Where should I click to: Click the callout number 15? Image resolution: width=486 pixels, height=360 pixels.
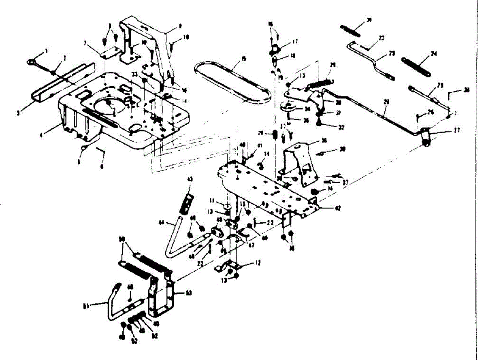coord(243,59)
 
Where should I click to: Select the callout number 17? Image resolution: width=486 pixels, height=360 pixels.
coord(296,41)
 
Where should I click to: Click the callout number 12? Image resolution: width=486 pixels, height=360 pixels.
coord(258,263)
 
